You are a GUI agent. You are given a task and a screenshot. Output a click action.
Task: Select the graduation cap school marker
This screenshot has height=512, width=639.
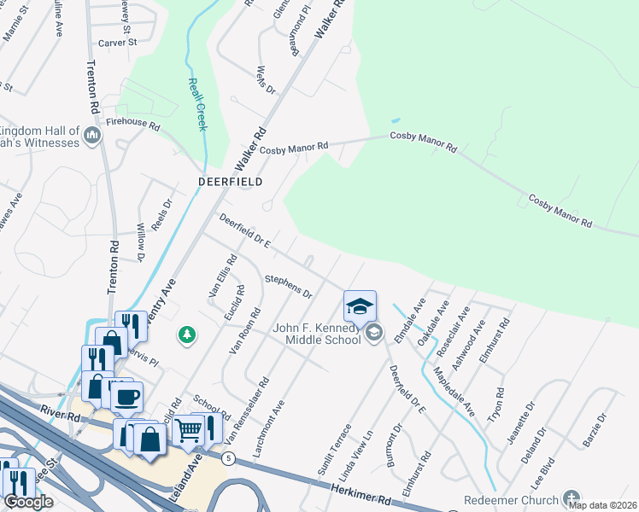click(x=360, y=305)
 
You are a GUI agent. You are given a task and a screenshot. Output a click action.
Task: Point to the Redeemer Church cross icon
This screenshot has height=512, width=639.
click(x=572, y=499)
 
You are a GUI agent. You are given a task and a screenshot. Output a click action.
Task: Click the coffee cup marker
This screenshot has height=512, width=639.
click(x=127, y=397)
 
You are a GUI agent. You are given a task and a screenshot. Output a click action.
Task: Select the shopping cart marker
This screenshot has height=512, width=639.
click(x=188, y=431)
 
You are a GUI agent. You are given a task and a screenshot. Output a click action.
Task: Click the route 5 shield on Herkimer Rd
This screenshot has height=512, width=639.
click(x=227, y=458)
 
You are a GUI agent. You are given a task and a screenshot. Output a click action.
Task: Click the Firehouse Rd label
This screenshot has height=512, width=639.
click(x=132, y=125)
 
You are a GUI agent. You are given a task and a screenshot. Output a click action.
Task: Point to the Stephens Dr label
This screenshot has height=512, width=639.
click(x=288, y=286)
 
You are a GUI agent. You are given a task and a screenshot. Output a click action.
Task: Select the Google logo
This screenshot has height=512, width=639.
click(x=29, y=501)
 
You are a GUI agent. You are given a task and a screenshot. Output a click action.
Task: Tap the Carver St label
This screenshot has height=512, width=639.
click(x=117, y=42)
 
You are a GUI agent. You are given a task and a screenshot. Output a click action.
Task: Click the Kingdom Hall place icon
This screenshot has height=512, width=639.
click(x=91, y=135)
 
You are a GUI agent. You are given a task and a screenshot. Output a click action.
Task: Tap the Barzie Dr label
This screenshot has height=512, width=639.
click(x=596, y=429)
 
